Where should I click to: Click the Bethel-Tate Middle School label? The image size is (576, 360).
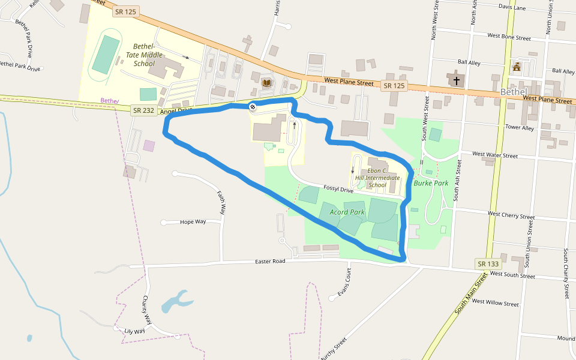(144, 55)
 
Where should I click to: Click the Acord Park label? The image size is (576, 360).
(347, 212)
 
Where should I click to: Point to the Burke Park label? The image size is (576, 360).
(431, 183)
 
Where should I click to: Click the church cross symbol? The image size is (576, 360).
(457, 79)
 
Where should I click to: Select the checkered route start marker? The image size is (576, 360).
(253, 107)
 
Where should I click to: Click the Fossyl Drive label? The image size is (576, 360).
(338, 189)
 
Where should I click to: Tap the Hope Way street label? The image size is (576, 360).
(193, 222)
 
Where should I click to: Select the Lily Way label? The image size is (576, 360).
(134, 331)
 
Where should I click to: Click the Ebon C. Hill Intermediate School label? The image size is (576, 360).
(377, 178)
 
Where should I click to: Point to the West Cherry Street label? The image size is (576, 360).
(511, 214)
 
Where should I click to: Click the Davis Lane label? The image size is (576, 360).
(512, 8)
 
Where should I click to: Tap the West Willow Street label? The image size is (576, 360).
(496, 303)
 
